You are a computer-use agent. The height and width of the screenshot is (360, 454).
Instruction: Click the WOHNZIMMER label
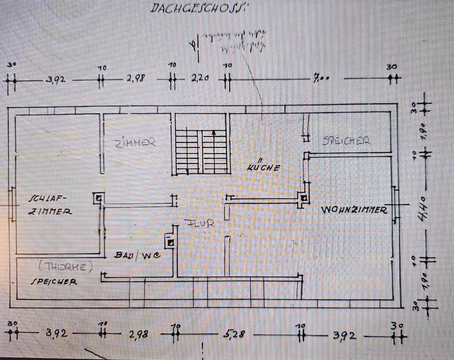(x=354, y=210)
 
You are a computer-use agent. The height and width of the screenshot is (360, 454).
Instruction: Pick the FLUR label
(x=201, y=223)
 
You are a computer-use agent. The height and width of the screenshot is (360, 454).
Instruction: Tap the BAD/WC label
(x=135, y=255)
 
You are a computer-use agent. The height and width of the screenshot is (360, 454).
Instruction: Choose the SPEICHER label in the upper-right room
(x=346, y=140)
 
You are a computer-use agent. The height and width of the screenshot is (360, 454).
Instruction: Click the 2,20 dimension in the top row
(x=200, y=79)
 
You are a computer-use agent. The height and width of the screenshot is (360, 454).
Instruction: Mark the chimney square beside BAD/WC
(x=170, y=243)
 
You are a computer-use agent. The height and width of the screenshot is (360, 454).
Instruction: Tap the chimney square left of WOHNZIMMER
(x=304, y=198)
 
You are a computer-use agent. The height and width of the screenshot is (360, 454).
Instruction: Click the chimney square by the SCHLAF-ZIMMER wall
(x=97, y=198)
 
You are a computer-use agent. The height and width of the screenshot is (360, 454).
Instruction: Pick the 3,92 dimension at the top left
(x=55, y=80)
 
